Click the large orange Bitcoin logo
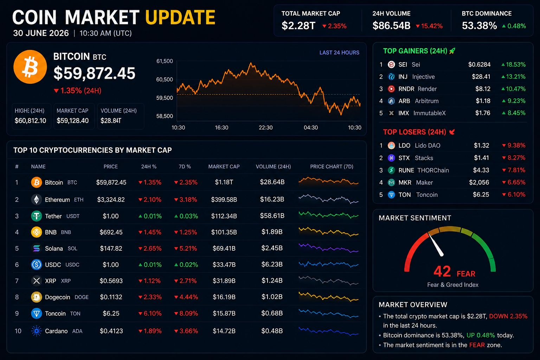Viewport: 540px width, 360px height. (30, 67)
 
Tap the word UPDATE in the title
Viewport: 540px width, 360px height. (180, 17)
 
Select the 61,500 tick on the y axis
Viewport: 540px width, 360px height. (165, 61)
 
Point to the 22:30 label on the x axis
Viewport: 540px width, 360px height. (266, 128)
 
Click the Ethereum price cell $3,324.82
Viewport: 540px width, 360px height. (111, 200)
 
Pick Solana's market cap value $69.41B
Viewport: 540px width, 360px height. (224, 248)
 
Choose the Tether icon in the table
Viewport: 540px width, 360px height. (37, 216)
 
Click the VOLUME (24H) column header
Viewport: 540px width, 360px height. (274, 167)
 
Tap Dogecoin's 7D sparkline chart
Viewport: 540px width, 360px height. (329, 297)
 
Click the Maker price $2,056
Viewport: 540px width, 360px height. (479, 182)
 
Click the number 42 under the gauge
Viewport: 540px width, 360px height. (442, 271)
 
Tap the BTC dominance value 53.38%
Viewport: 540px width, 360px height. (479, 26)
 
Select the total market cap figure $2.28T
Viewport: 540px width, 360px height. (298, 26)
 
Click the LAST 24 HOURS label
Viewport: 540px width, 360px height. (339, 53)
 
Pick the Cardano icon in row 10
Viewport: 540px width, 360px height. (37, 331)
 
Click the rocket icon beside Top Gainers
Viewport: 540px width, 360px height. (452, 51)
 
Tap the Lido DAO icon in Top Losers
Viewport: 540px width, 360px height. (391, 146)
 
